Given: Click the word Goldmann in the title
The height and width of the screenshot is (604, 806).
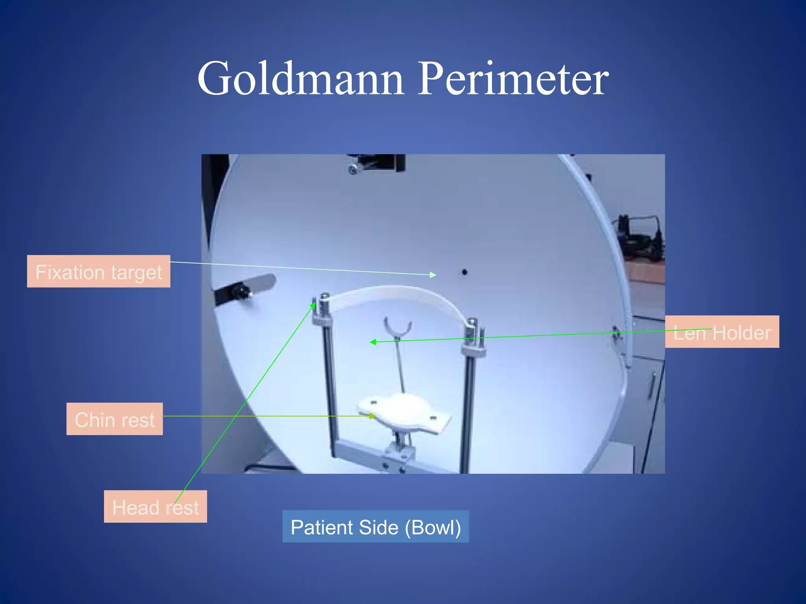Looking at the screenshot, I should click(301, 79).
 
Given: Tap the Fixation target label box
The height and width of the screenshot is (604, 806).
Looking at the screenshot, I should click(98, 271).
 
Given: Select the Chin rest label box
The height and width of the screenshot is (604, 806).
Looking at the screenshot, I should click(115, 419).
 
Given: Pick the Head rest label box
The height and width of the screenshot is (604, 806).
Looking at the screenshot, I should click(155, 506).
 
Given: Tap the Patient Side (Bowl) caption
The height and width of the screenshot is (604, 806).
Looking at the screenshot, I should click(375, 527).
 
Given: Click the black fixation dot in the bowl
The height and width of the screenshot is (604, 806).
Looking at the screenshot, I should click(464, 272).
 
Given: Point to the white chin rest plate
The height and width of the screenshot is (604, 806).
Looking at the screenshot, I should click(405, 413).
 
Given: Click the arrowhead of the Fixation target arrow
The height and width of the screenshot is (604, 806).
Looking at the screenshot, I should click(433, 274).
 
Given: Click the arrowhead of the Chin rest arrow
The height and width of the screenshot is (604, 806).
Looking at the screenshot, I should click(372, 416).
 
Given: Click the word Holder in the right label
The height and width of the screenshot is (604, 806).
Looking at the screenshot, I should click(741, 333).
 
